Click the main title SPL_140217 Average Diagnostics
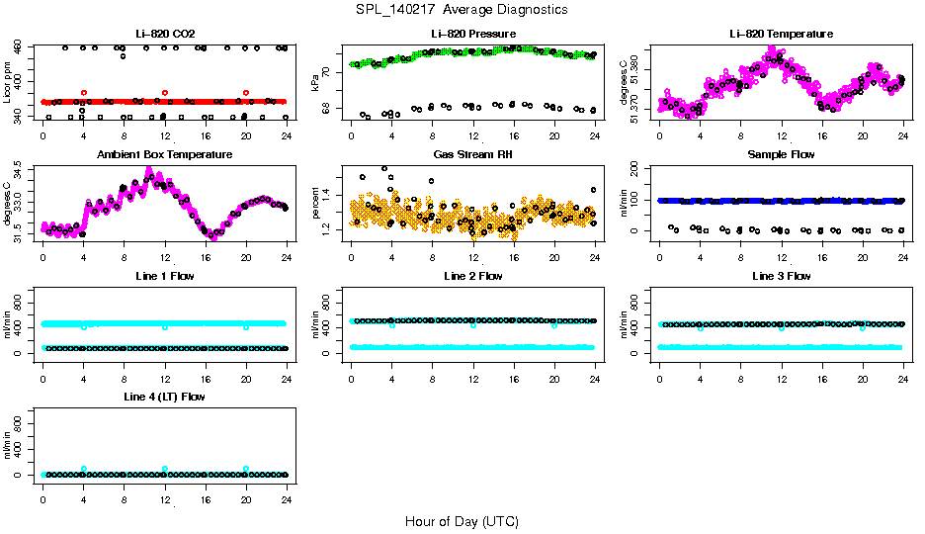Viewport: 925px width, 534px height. point(462,9)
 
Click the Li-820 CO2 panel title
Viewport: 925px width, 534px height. point(164,34)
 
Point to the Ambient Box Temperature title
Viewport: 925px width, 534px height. point(164,155)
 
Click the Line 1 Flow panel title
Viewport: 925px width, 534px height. point(164,276)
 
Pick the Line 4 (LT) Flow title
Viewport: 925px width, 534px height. point(164,398)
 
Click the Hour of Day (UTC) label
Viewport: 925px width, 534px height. point(462,521)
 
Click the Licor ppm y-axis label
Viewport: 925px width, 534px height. point(8,84)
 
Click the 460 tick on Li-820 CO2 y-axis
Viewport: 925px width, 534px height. point(22,47)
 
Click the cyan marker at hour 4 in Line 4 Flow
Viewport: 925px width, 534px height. point(84,469)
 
